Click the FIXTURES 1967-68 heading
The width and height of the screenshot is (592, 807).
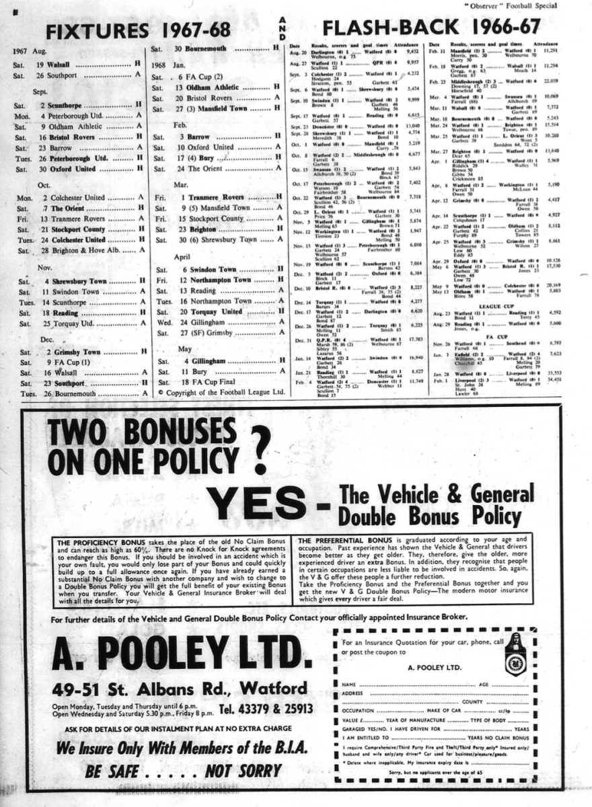click(139, 30)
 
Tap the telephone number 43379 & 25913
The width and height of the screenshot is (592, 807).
click(266, 709)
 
